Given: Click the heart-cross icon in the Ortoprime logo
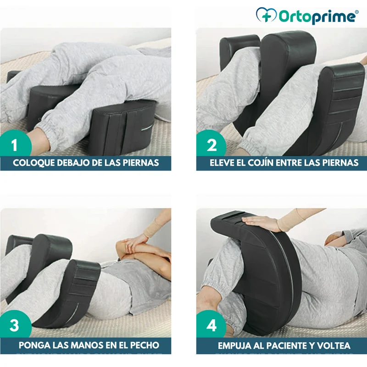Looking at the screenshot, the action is (267, 15).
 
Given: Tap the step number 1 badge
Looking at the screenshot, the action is (15, 145).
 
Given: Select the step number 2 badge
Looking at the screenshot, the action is (211, 145).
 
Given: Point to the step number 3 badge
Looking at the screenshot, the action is (15, 325).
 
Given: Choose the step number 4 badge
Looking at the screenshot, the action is (211, 325).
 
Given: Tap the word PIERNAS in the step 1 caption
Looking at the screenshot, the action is (141, 163).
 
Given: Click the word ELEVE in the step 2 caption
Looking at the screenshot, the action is (221, 163).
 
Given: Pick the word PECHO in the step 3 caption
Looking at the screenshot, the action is (145, 345).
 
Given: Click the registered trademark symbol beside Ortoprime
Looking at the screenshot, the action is (357, 11).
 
